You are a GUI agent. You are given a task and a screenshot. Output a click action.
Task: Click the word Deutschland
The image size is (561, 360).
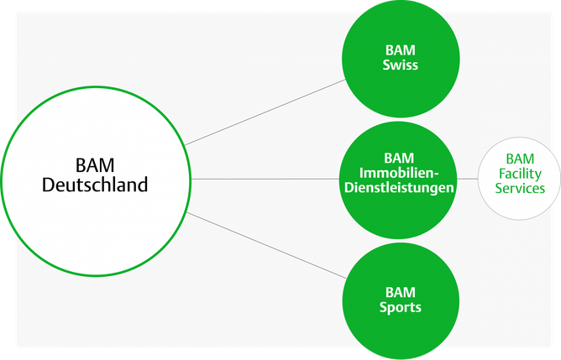(95, 184)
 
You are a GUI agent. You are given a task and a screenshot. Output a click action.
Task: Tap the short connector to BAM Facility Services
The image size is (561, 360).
(467, 179)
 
